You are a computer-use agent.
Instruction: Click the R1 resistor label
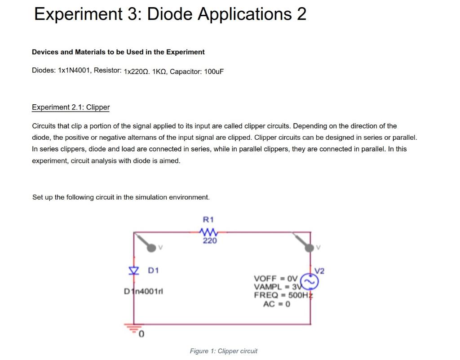pos(208,220)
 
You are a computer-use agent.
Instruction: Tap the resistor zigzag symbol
pos(208,232)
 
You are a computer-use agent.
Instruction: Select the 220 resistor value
pos(209,241)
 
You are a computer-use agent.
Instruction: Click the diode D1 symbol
pos(133,271)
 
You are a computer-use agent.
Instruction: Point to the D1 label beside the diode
pos(154,271)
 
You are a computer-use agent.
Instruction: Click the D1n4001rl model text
pos(143,291)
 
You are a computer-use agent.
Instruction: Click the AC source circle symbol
pos(310,281)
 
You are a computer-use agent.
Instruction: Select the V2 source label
pos(319,271)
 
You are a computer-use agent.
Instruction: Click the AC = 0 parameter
pos(277,304)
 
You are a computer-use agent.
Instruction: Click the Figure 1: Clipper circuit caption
pos(223,351)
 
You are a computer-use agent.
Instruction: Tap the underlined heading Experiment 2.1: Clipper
pos(71,107)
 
